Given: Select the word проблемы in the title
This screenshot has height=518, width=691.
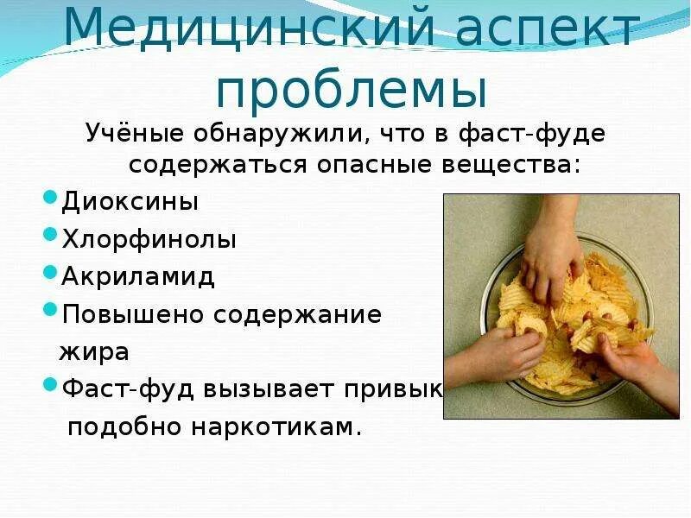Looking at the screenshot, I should point(349,88).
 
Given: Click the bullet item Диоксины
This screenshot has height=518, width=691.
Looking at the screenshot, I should point(130,202).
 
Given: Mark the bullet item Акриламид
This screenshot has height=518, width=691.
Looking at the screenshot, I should point(138,276).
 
